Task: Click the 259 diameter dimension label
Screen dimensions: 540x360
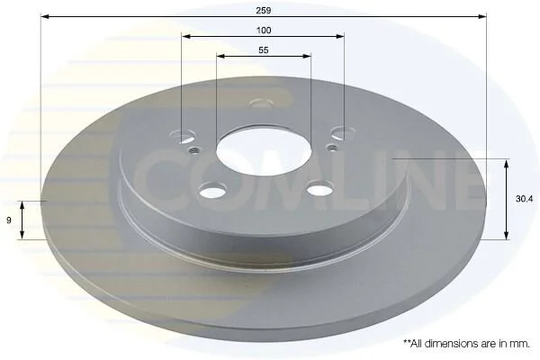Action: click(264, 10)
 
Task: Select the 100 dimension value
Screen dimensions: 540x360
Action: click(264, 31)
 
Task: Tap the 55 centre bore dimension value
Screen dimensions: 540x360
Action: click(264, 50)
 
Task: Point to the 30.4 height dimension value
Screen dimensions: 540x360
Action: click(524, 199)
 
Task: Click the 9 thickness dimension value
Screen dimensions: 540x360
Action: click(9, 220)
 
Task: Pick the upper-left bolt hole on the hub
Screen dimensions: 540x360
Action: click(184, 136)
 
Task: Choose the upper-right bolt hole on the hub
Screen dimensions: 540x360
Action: click(343, 132)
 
